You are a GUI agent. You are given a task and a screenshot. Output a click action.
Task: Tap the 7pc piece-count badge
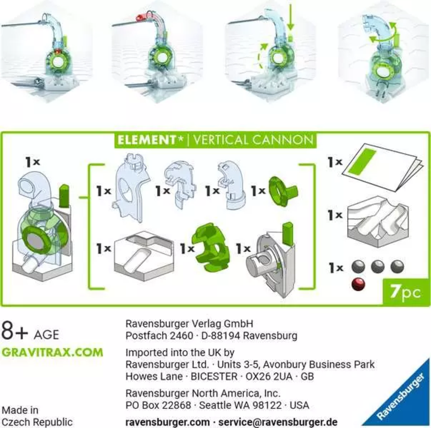pyautogui.click(x=405, y=292)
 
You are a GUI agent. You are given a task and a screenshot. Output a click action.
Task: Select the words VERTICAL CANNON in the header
pyautogui.click(x=253, y=140)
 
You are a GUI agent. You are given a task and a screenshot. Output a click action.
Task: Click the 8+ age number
pyautogui.click(x=15, y=331)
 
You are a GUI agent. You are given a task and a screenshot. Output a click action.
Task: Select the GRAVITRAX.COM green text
pyautogui.click(x=52, y=352)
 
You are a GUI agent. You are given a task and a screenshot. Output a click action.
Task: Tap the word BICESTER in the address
pyautogui.click(x=214, y=377)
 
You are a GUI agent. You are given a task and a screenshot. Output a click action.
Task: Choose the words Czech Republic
pyautogui.click(x=37, y=422)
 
